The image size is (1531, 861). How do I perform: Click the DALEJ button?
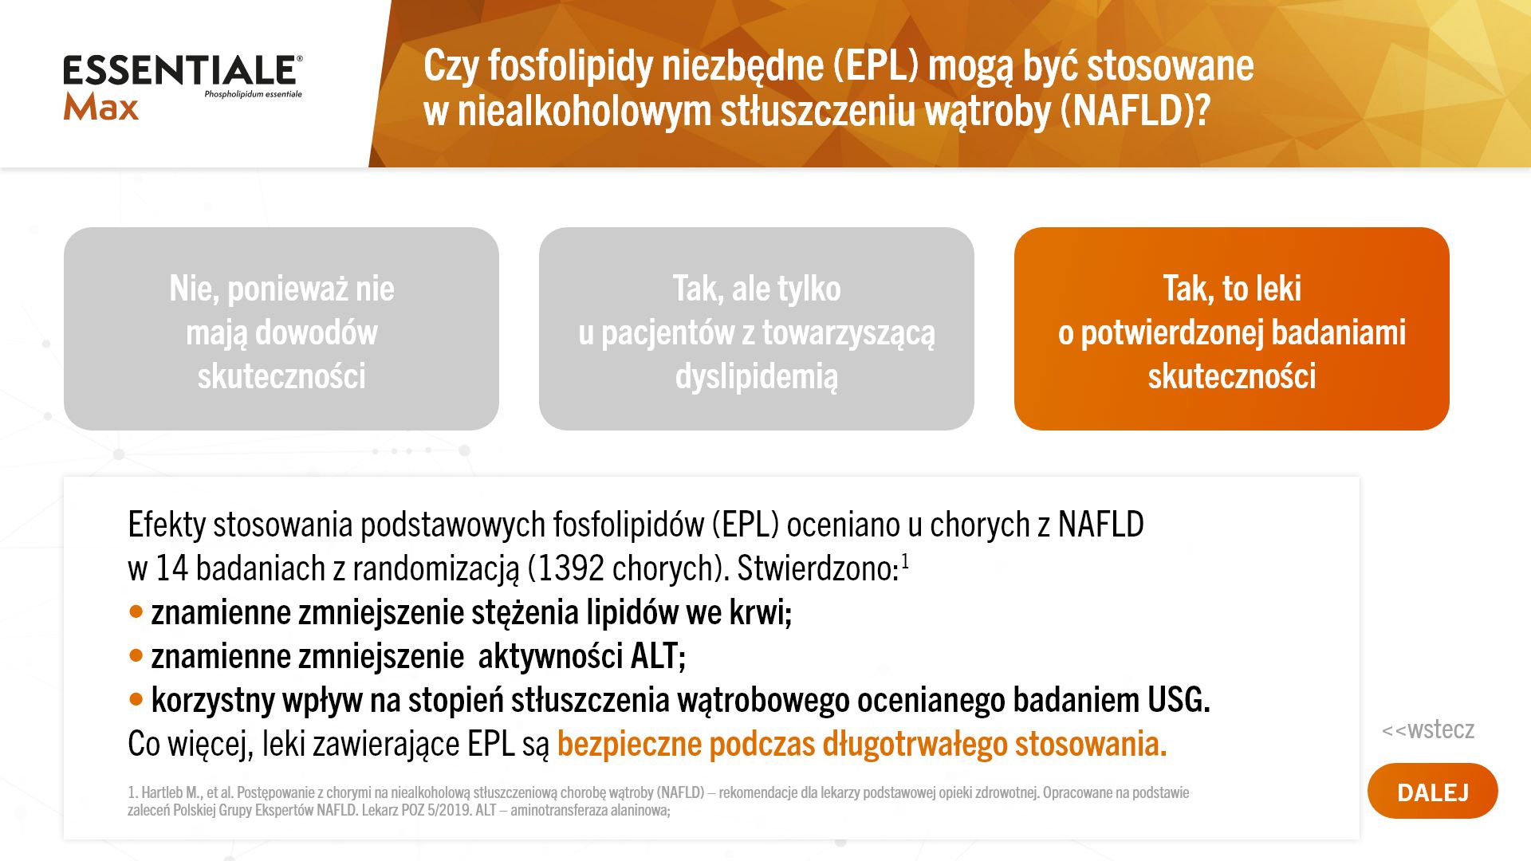tap(1432, 791)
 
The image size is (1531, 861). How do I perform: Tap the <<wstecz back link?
tap(1427, 729)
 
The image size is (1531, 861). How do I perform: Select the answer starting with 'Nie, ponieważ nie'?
tap(281, 329)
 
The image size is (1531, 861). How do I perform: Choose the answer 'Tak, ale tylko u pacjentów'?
tap(757, 329)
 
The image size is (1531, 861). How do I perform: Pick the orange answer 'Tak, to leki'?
tap(1232, 329)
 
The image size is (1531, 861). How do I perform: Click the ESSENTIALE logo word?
tap(180, 70)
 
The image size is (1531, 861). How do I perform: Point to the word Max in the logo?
tap(101, 107)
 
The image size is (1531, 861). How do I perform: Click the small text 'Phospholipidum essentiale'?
tap(253, 94)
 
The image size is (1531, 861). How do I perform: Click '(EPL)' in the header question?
tap(876, 66)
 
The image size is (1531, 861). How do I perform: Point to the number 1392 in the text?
tap(570, 568)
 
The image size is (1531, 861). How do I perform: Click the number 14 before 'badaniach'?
tap(171, 568)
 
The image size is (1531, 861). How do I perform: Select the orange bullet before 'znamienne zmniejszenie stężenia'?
tap(136, 612)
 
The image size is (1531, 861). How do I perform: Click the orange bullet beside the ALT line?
tap(136, 656)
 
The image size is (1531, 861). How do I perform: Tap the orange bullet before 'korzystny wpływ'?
tap(136, 700)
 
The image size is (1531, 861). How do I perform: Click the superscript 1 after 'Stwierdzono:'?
tap(905, 564)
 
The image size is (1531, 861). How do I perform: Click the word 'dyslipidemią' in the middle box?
tap(757, 376)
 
